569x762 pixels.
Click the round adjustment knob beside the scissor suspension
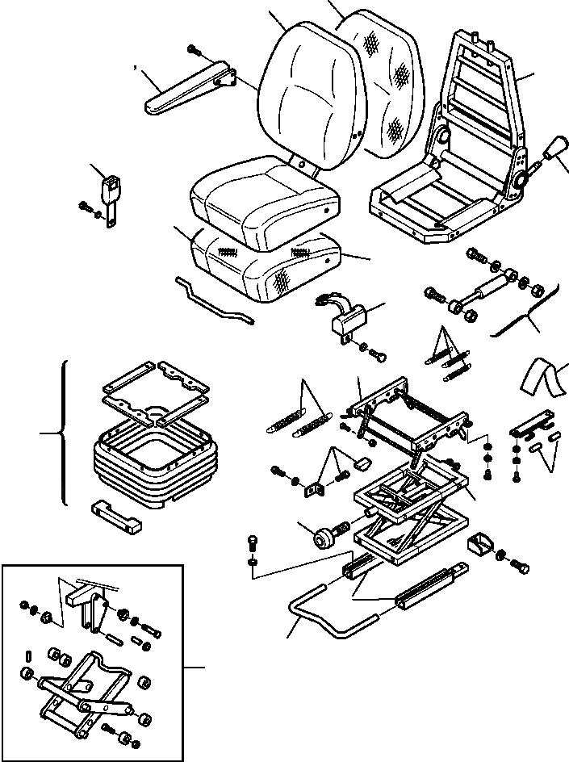326,536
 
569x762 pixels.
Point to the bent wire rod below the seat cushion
214,299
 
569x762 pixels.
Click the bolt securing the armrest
194,50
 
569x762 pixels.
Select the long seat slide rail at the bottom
428,585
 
